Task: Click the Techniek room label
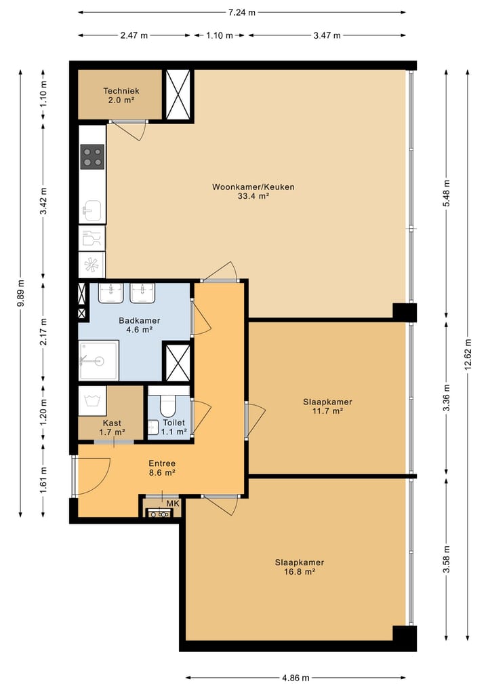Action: pyautogui.click(x=121, y=90)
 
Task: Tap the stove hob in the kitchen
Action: pyautogui.click(x=93, y=157)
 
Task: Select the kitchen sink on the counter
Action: pyautogui.click(x=91, y=211)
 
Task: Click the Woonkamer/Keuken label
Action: pyautogui.click(x=253, y=187)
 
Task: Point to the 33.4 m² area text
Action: pyautogui.click(x=253, y=196)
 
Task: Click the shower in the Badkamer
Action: pyautogui.click(x=98, y=360)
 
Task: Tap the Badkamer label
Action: pyautogui.click(x=139, y=321)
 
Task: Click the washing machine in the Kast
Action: pyautogui.click(x=91, y=399)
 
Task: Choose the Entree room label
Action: pyautogui.click(x=162, y=463)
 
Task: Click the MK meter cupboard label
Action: pyautogui.click(x=173, y=504)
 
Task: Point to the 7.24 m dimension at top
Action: pyautogui.click(x=242, y=12)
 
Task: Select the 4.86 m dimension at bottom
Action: pyautogui.click(x=296, y=677)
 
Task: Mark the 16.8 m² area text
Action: pyautogui.click(x=299, y=572)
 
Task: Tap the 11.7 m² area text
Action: pyautogui.click(x=327, y=411)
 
